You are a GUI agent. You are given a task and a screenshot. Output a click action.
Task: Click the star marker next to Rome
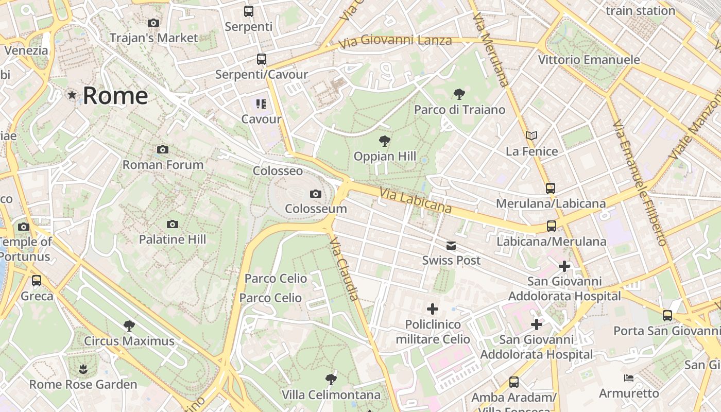point(72,95)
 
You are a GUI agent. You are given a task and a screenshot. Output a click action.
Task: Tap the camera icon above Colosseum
point(316,194)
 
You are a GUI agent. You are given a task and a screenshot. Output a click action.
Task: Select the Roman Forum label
point(163,165)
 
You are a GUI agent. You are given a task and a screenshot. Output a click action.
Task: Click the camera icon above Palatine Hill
point(173,224)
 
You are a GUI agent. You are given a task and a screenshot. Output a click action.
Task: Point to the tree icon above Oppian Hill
point(384,141)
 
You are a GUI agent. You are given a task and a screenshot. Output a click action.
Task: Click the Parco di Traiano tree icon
point(459,94)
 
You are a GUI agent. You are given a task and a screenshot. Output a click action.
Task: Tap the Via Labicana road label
point(416,200)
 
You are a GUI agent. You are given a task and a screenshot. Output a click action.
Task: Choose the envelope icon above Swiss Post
point(451,246)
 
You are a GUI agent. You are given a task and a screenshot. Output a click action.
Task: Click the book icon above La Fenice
point(531,135)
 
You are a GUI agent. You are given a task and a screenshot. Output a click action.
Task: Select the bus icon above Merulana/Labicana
point(551,188)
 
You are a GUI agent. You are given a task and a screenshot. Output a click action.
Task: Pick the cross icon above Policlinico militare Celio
point(433,309)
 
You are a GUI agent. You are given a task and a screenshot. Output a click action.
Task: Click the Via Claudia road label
point(344,268)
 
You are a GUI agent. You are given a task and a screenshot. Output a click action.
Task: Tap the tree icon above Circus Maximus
point(129,325)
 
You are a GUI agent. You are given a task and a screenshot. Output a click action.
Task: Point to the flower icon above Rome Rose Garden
point(83,369)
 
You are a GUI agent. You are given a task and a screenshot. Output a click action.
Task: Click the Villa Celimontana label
point(331,395)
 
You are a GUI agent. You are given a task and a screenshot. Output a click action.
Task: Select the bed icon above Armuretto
point(628,378)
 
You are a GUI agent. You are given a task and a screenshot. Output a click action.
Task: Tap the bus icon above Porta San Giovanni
point(667,315)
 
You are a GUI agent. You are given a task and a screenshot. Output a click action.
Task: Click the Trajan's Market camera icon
point(153,23)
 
